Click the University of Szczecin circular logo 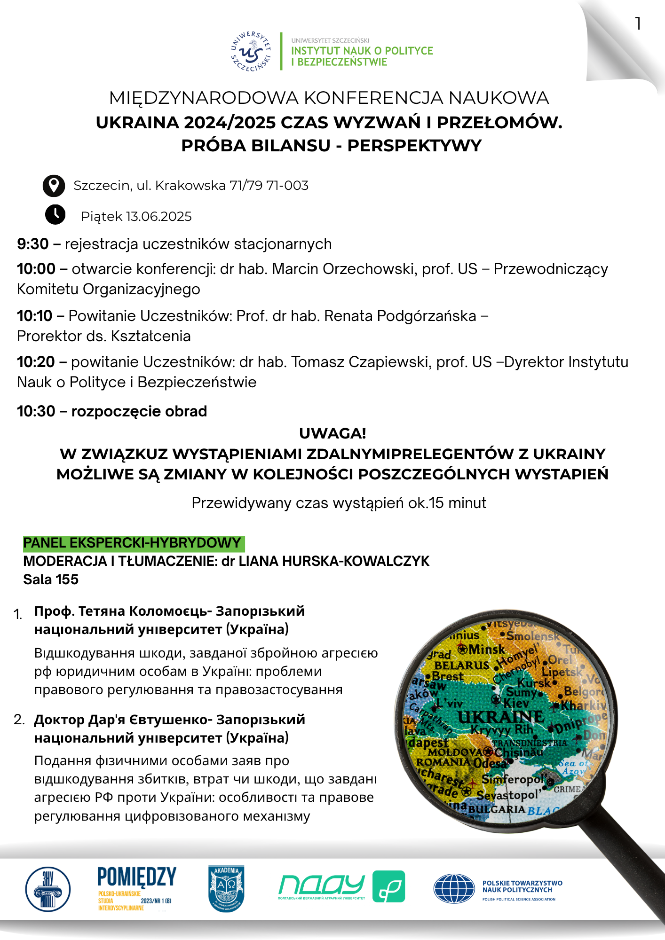coord(251,52)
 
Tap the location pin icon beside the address coord(54,186)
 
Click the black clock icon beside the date coord(55,215)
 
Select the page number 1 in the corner coord(638,23)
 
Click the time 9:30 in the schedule coord(33,244)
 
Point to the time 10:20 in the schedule coord(36,362)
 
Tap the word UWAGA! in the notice coord(332,433)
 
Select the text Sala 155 coord(51,580)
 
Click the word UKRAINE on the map coord(501,717)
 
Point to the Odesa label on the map coord(490,763)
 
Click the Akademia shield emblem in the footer coord(226,888)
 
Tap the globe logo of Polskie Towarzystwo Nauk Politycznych coord(454,889)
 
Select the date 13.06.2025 coord(159,217)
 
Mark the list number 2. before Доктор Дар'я coord(19,720)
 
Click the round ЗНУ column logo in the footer coord(47,889)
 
